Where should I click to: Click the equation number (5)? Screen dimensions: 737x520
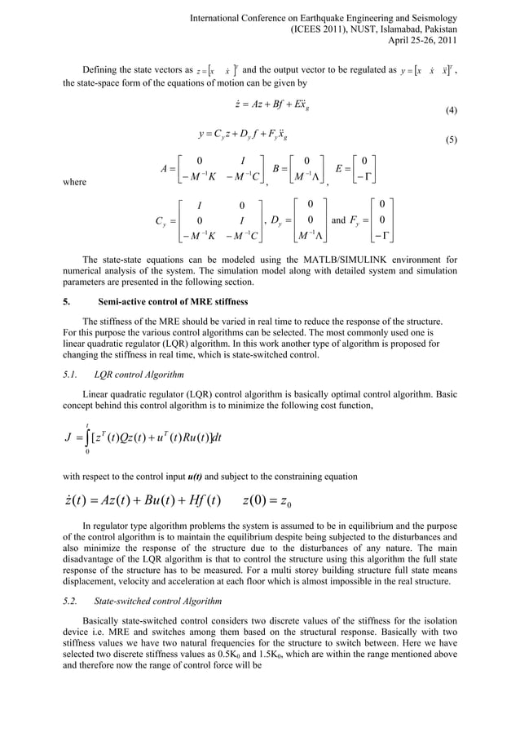(449, 140)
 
